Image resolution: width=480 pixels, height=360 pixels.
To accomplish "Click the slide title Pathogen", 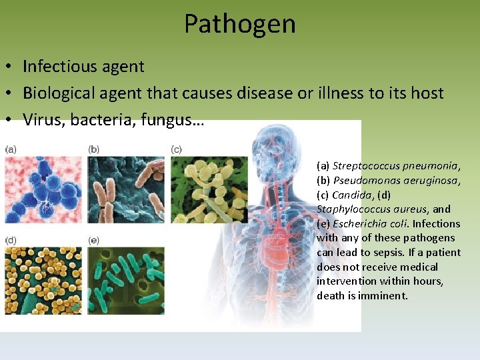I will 239,24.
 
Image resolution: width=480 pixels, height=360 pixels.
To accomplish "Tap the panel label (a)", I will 11,149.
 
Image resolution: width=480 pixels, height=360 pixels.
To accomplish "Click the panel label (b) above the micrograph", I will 94,149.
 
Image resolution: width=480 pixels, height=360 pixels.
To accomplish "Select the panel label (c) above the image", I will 177,149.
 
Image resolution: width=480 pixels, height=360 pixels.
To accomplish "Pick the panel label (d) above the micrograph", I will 11,240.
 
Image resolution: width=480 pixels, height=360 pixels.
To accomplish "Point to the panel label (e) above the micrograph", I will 94,240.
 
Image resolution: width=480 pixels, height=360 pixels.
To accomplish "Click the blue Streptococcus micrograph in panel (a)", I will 43,189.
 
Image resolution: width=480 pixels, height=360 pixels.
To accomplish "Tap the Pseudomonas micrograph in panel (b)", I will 126,189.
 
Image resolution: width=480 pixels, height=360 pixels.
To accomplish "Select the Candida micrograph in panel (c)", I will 209,189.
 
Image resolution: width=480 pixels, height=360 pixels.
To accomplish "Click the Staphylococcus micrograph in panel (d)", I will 43,280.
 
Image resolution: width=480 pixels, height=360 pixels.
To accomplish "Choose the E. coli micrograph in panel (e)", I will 126,280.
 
